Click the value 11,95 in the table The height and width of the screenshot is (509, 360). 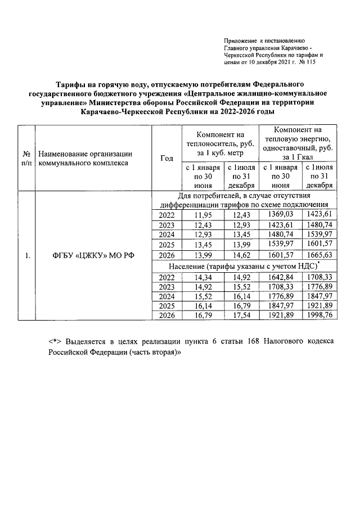[202, 215]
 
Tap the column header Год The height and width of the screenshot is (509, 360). [166, 158]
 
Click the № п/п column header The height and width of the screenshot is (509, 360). [26, 158]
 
